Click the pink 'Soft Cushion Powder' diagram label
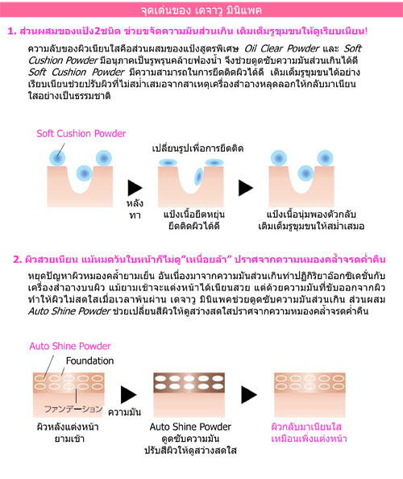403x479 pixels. (x=81, y=134)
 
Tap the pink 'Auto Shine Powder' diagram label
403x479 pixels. (x=70, y=346)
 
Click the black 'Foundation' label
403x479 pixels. (x=89, y=360)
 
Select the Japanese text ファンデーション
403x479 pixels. (x=73, y=409)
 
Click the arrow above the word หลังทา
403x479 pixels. (x=135, y=188)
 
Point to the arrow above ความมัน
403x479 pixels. (x=128, y=394)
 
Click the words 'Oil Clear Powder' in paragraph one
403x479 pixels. (x=281, y=48)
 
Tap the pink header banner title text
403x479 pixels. (x=201, y=10)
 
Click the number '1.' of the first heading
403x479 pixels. (x=12, y=31)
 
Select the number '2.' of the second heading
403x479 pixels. (x=18, y=260)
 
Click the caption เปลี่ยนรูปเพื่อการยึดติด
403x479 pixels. (x=197, y=148)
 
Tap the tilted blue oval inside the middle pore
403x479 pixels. (x=199, y=177)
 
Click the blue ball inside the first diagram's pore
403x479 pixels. (x=84, y=173)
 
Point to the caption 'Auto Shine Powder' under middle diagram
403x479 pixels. (x=190, y=427)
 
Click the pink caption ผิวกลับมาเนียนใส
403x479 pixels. (x=306, y=427)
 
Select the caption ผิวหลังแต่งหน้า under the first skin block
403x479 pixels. (x=68, y=427)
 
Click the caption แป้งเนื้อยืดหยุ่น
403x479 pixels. (x=194, y=215)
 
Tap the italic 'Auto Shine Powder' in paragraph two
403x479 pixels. (x=69, y=311)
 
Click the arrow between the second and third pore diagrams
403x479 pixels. (x=246, y=188)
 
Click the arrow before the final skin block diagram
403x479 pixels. (x=249, y=394)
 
